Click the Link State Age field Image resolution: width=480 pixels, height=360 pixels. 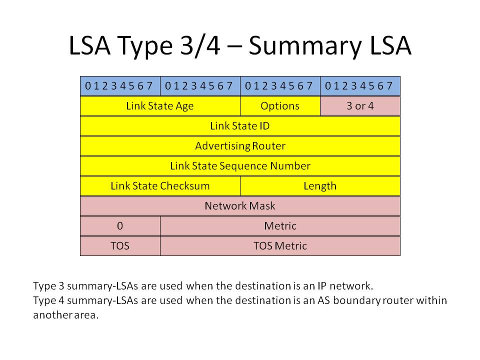(160, 106)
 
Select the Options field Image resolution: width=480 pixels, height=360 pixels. (280, 106)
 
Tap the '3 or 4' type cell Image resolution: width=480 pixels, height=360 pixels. (360, 106)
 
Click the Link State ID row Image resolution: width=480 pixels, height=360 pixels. (240, 126)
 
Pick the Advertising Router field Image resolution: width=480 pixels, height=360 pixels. (240, 146)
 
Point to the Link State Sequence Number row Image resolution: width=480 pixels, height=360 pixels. (240, 166)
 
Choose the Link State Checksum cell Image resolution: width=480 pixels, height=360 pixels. (160, 186)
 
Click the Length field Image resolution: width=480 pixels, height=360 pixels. (320, 186)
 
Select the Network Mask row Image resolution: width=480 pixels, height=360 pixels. (240, 206)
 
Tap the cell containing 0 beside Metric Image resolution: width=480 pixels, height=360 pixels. (120, 226)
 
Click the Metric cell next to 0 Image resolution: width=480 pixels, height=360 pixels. (280, 226)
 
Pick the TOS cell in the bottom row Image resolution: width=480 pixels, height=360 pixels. (120, 246)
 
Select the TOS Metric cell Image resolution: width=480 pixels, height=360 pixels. (280, 246)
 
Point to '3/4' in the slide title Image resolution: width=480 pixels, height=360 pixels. (200, 45)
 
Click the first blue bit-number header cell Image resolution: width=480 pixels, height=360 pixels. (120, 86)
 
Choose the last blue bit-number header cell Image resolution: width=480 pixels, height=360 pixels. (360, 86)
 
